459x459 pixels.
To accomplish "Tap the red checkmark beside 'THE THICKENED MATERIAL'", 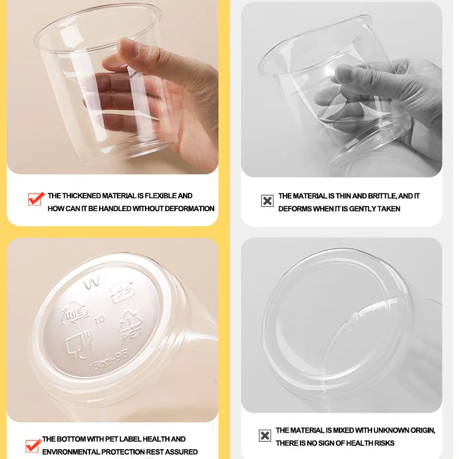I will [x=35, y=199].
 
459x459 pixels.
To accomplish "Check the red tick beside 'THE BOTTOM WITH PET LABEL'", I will [x=34, y=445].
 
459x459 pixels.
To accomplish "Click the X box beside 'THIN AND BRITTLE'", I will [x=267, y=201].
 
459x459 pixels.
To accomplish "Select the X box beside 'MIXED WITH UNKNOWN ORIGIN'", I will [x=264, y=436].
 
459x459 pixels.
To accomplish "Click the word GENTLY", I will [x=367, y=209].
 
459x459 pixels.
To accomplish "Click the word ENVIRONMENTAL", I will [x=67, y=452].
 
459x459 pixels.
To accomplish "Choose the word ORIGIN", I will [x=421, y=430].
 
